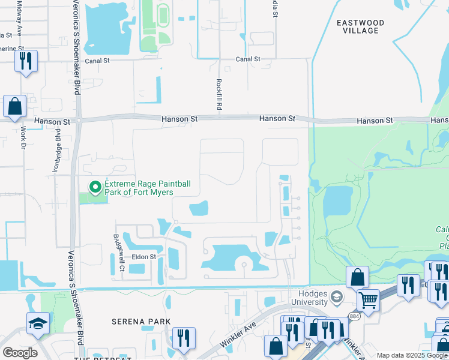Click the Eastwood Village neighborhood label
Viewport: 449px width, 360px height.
tap(360, 26)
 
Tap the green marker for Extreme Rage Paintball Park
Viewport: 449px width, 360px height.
tap(95, 188)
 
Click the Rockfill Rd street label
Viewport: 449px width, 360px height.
tap(220, 94)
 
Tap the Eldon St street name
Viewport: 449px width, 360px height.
tap(144, 257)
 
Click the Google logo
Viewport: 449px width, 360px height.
tap(20, 353)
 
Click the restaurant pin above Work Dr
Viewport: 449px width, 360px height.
tap(26, 61)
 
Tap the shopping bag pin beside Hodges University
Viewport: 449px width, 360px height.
tap(357, 277)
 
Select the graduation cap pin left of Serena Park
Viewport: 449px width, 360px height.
tap(38, 323)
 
